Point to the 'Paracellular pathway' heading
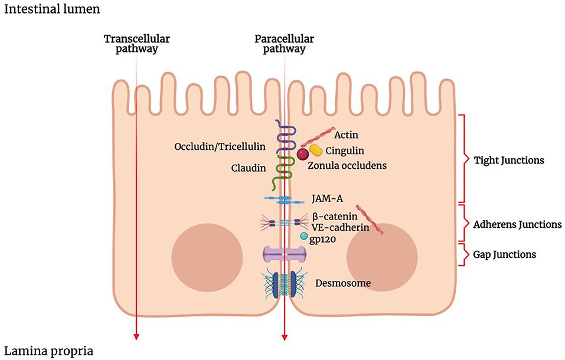[x=284, y=44]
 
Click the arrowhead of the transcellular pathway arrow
[x=136, y=336]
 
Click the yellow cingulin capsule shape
[x=316, y=150]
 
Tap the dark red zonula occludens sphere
[x=302, y=155]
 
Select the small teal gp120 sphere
[x=303, y=236]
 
